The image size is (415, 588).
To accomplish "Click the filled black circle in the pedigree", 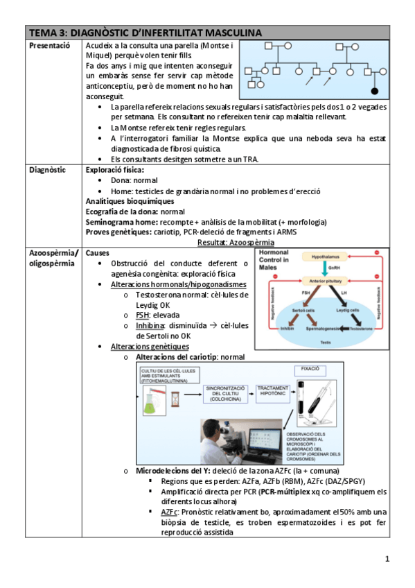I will click(x=375, y=90).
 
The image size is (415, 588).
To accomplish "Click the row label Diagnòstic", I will click(x=47, y=169).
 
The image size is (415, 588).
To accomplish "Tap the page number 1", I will click(x=387, y=559).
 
